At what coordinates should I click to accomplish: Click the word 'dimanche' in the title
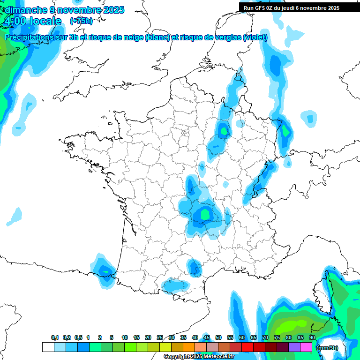[24, 10]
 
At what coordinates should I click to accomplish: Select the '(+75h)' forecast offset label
[81, 21]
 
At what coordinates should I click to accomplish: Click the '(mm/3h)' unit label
[327, 348]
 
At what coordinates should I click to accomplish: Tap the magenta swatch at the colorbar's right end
[306, 347]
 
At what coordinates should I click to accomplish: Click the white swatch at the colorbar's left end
[48, 347]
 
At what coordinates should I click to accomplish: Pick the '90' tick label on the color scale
[312, 337]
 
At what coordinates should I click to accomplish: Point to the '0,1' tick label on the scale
[55, 337]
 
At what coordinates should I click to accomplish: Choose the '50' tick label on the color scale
[218, 337]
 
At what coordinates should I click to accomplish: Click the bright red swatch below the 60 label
[247, 347]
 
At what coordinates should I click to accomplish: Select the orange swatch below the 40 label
[189, 347]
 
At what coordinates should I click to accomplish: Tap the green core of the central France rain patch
[205, 214]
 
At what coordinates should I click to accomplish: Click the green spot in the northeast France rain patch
[224, 131]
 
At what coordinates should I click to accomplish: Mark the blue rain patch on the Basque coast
[103, 269]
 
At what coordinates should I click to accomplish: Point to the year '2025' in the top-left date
[113, 10]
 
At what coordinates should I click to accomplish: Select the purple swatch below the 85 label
[294, 347]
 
